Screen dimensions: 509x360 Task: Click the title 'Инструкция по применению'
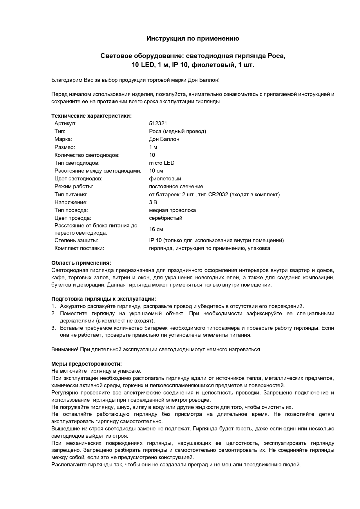coord(193,38)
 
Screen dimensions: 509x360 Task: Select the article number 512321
coord(158,124)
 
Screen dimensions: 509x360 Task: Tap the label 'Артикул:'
coord(66,124)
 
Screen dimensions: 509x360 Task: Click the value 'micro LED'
coord(162,163)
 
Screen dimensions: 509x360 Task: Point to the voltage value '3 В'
coord(153,202)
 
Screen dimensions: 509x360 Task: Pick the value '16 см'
coord(156,229)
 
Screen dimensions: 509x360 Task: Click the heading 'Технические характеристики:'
coord(91,116)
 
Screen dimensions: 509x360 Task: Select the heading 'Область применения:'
coord(81,263)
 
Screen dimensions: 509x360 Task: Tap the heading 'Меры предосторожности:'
coord(86,364)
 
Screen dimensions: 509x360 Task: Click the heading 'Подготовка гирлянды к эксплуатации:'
coord(104,299)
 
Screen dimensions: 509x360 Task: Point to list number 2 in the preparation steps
coord(53,314)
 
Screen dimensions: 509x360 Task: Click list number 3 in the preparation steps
coord(53,328)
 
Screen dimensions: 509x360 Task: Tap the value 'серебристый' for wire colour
coord(166,218)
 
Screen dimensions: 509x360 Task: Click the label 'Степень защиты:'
coord(76,240)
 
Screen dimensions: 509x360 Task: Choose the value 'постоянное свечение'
coord(176,186)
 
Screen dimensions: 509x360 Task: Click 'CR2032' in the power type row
coord(218,195)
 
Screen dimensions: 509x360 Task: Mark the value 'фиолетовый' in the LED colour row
coord(165,179)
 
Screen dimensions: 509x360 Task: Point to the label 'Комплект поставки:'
coord(79,248)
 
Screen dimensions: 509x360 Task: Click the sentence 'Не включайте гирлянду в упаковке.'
coord(96,371)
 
